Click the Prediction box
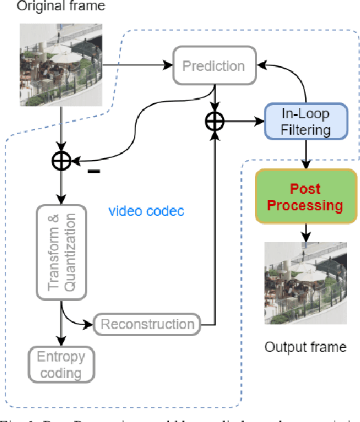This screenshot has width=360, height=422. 213,67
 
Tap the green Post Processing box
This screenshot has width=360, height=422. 306,196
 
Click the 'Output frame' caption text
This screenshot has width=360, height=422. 306,346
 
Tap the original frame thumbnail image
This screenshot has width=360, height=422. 61,65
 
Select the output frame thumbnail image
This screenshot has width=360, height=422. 306,282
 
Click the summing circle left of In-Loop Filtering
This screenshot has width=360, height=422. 216,120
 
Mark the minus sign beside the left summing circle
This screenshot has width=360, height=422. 92,170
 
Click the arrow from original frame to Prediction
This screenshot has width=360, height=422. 137,67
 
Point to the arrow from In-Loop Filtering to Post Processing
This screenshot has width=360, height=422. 306,153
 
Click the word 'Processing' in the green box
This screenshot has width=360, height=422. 306,205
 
